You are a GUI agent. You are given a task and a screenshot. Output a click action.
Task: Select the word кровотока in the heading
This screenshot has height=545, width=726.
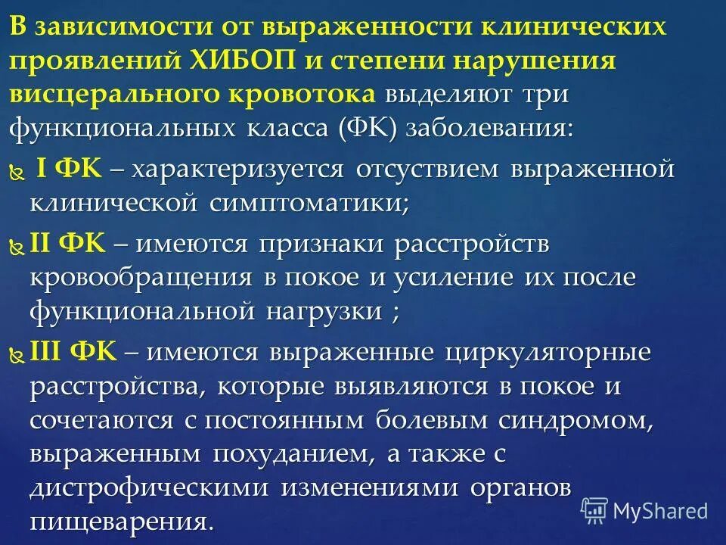306,94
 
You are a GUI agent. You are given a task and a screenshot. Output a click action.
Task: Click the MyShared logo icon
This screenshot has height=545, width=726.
595,509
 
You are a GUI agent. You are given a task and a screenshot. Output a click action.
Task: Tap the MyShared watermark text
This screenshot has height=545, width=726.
660,511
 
